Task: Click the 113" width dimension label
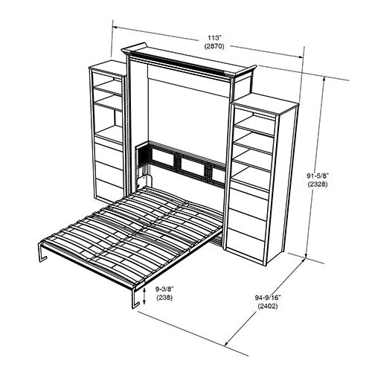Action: click(x=214, y=38)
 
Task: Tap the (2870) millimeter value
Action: click(x=214, y=46)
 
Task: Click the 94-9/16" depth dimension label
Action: click(x=268, y=298)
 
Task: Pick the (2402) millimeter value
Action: click(x=268, y=307)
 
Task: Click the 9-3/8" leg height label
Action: click(x=164, y=289)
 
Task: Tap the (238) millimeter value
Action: click(x=164, y=298)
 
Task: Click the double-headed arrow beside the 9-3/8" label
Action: click(x=144, y=296)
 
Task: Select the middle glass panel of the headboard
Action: click(x=192, y=167)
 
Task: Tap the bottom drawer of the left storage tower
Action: click(x=109, y=187)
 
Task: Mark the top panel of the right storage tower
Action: click(x=266, y=103)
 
